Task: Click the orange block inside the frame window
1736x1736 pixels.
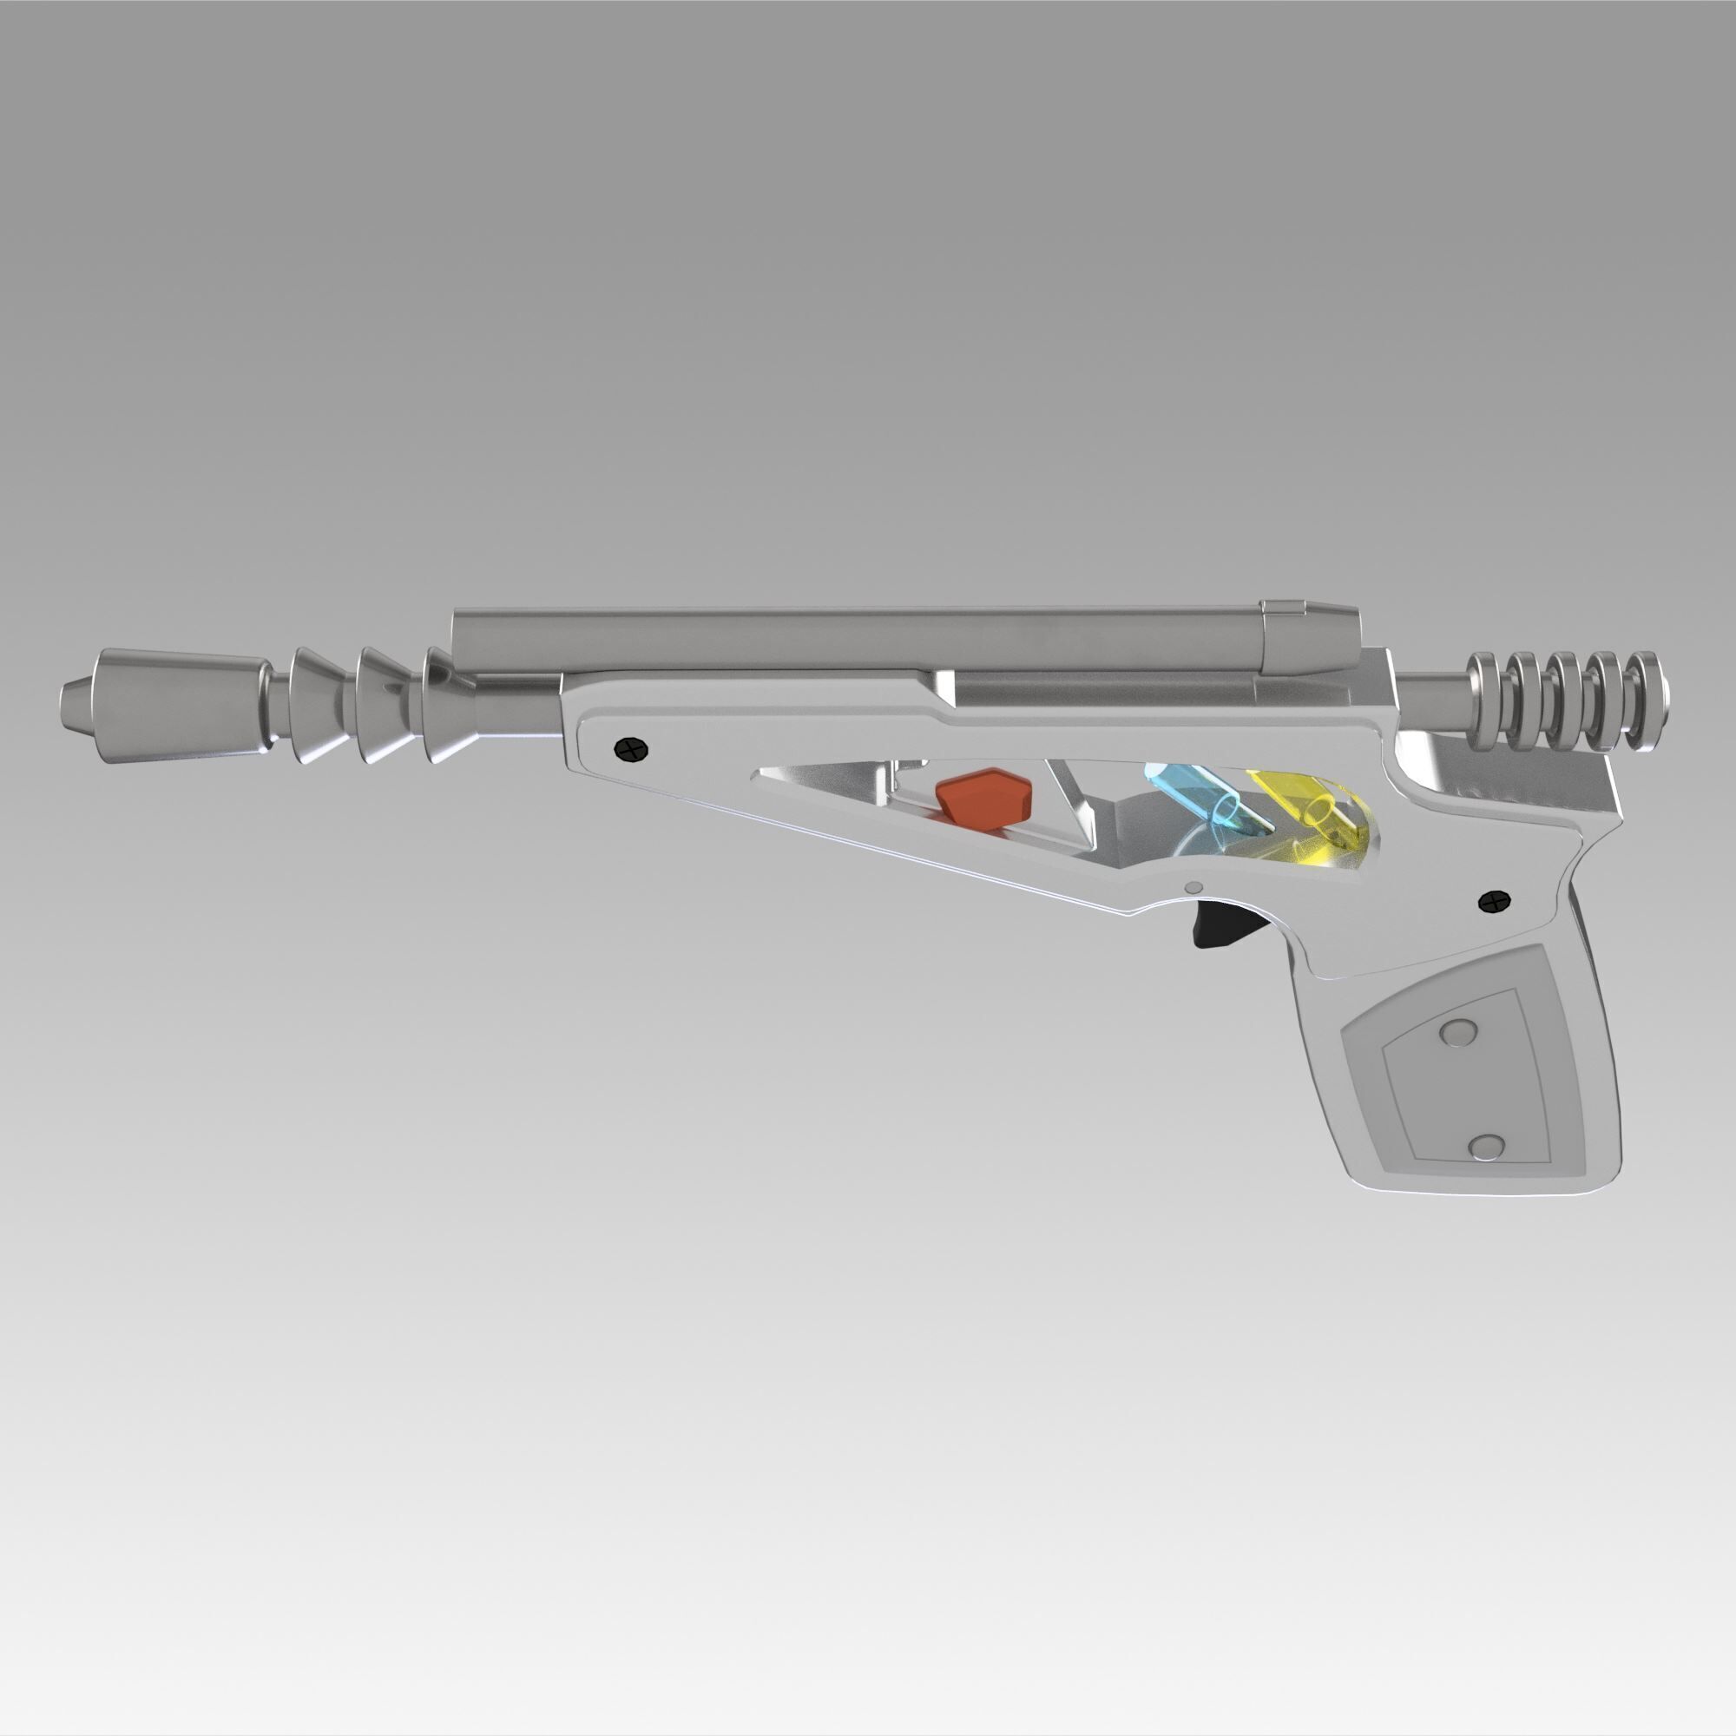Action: tap(983, 799)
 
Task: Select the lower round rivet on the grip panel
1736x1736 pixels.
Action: tap(1487, 1146)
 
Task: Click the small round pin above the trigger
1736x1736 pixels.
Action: tap(1193, 888)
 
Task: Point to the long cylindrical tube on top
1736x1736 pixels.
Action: tap(853, 640)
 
